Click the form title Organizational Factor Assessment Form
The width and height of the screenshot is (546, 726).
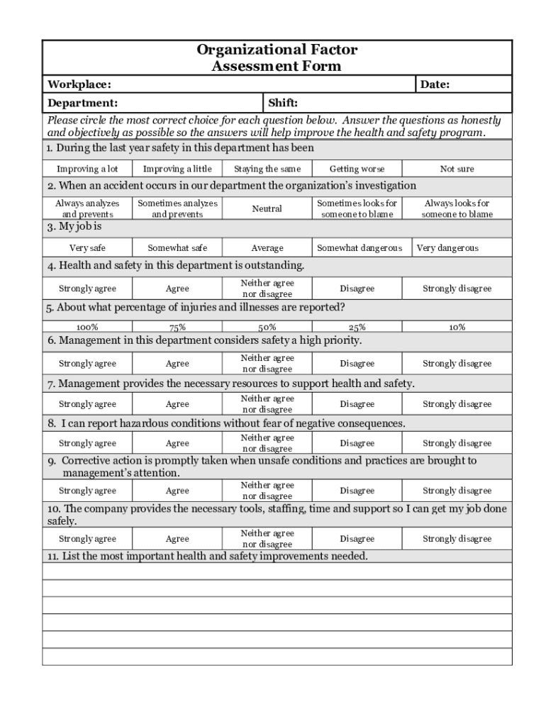coord(277,58)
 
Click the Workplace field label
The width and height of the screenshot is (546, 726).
coord(79,85)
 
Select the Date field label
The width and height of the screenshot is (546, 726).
coord(435,85)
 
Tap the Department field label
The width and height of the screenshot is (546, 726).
coord(82,104)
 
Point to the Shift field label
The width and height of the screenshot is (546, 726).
coord(283,104)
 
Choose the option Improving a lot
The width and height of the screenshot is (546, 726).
coord(87,169)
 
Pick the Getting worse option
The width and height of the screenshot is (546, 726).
coord(357,169)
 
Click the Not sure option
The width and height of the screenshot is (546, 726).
coord(457,169)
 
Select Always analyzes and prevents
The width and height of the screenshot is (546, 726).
coord(87,208)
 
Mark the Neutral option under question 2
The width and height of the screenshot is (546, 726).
coord(267,208)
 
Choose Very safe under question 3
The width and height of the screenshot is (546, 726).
coord(87,248)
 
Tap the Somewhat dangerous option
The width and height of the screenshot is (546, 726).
coord(359,248)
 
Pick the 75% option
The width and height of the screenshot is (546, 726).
coord(177,328)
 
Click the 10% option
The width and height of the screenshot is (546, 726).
coord(457,328)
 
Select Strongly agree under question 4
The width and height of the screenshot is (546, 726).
coord(87,289)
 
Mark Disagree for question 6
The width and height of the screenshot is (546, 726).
coord(357,364)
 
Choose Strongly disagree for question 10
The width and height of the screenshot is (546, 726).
coord(457,539)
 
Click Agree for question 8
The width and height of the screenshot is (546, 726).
coord(177,444)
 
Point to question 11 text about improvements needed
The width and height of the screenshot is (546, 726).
coord(208,557)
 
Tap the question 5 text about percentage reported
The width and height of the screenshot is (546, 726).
coord(196,308)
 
